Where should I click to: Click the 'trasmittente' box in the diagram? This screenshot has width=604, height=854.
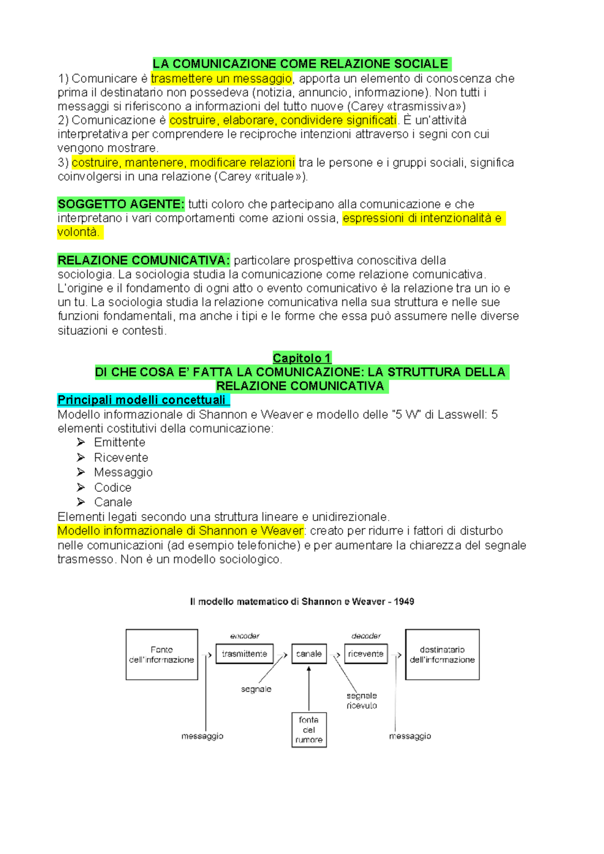pos(245,654)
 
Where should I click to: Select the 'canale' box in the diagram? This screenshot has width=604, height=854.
pos(309,654)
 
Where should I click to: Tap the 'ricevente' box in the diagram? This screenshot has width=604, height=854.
pos(366,654)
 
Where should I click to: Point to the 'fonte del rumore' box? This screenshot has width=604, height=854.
pos(309,730)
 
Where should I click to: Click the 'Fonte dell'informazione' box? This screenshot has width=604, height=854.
pos(162,654)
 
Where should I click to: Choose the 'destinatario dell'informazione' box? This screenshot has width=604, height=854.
pos(442,654)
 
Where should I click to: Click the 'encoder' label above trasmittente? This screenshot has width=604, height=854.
pos(245,636)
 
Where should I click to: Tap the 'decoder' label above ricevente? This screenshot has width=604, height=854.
pos(366,636)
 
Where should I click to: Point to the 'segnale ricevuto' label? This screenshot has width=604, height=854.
pos(362,701)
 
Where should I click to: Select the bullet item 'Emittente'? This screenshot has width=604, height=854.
pos(120,443)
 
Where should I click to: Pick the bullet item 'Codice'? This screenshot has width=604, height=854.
pos(113,487)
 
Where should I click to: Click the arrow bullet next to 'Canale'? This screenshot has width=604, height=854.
pos(81,502)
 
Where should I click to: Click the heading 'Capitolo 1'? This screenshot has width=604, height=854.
pos(301,358)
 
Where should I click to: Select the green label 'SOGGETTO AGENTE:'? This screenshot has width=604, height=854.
pos(121,204)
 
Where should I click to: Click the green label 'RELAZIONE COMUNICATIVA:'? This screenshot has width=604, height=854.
pos(143,261)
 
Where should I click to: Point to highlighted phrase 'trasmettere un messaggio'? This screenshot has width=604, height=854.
pos(221,78)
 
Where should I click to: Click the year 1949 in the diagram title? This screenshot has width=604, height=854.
pos(404,602)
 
